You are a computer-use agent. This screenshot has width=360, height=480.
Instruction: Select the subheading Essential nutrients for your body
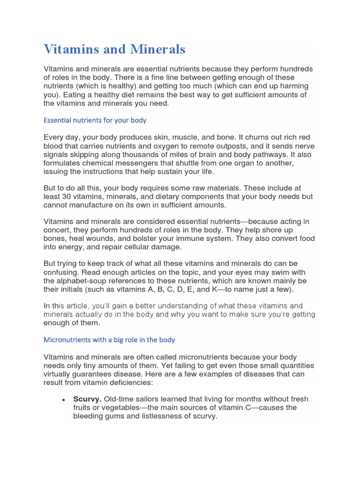(x=95, y=120)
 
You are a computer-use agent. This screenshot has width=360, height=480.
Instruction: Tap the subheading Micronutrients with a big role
(x=109, y=339)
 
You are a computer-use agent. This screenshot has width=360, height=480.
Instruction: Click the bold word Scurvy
(x=88, y=399)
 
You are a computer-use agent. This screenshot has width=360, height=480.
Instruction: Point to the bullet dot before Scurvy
(x=63, y=399)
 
